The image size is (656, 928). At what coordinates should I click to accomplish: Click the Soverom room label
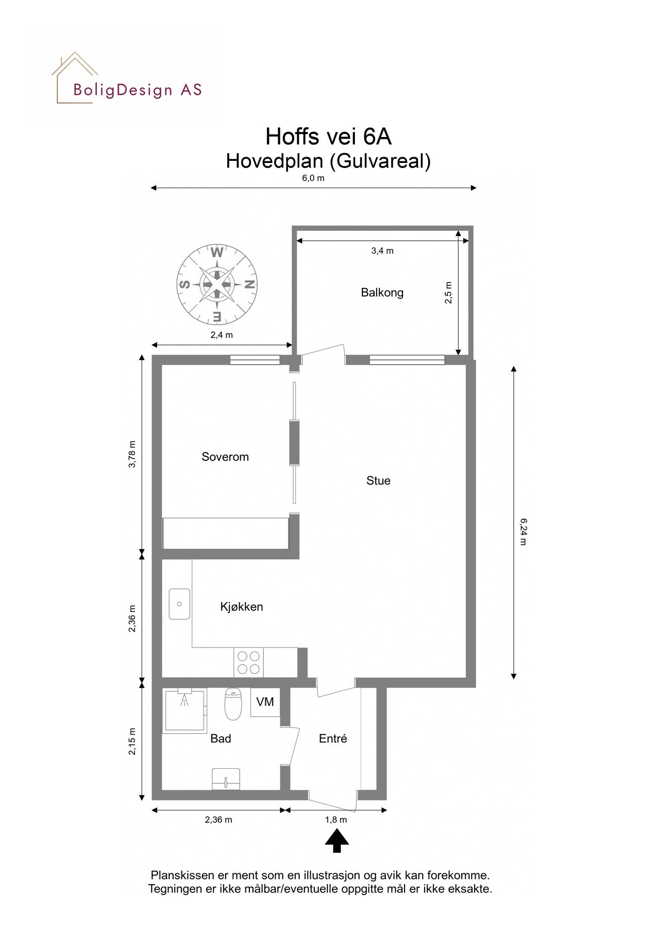point(225,457)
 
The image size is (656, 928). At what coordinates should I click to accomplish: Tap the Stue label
point(378,480)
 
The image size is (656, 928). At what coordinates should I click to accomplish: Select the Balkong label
point(382,292)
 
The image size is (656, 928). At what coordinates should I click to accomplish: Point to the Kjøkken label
point(241,606)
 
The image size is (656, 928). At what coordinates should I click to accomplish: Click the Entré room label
point(333,738)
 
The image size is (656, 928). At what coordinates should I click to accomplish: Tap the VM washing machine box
point(265,702)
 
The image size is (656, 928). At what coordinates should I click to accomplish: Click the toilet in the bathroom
point(233,704)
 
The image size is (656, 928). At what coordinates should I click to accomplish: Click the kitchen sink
point(179,604)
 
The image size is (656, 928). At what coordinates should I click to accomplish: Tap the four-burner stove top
point(248,662)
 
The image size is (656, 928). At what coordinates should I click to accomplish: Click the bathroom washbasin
point(226,779)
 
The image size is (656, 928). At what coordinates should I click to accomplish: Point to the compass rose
point(217,284)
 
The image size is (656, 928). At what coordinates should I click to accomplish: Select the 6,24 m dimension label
point(523,532)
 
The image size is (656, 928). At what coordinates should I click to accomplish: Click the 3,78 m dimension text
point(132,454)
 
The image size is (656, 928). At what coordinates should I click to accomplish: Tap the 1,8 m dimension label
point(336,820)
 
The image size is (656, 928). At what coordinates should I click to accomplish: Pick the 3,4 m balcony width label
point(382,251)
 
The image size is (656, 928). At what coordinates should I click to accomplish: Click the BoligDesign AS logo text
point(137,90)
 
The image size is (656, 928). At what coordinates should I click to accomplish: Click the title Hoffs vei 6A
point(328,137)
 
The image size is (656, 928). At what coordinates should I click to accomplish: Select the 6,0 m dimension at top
point(313,178)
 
